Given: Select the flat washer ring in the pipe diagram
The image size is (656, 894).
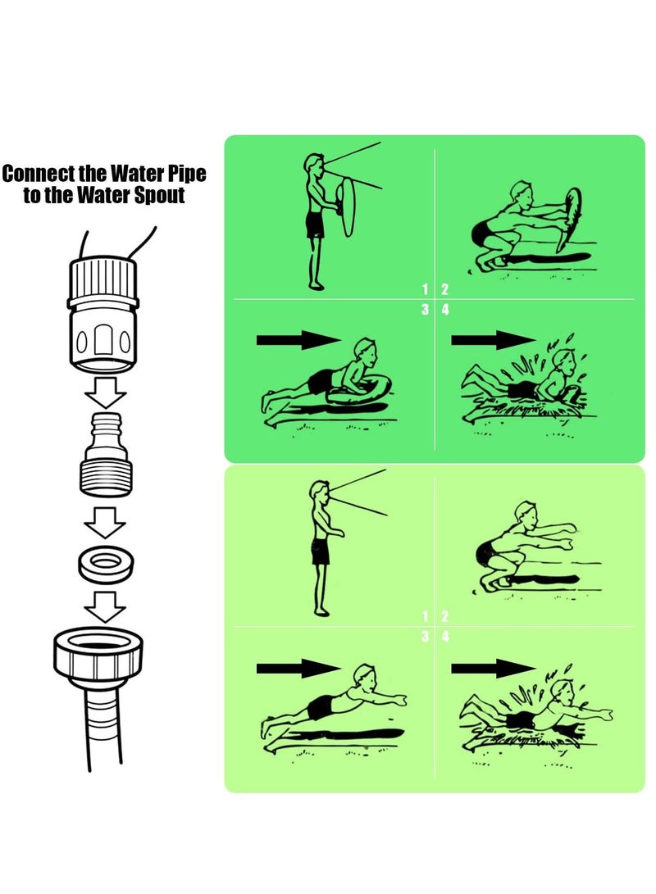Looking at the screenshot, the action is click(106, 562).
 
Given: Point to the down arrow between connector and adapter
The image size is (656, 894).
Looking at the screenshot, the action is click(105, 392).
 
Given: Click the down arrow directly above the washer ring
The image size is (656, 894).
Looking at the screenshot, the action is click(105, 522).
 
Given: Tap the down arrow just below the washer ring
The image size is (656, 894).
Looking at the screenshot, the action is click(105, 606).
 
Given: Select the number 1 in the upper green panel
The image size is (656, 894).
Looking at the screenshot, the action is click(425, 289).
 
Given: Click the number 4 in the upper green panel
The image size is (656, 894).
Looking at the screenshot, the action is click(445, 310).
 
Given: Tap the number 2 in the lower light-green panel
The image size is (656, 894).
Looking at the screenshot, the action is click(445, 615).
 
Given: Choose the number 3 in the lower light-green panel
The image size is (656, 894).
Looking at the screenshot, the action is click(425, 637).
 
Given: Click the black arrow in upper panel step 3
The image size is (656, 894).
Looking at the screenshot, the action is click(298, 340).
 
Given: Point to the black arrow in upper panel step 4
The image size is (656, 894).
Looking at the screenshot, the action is click(494, 340).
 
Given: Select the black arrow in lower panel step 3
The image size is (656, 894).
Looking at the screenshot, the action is click(298, 668).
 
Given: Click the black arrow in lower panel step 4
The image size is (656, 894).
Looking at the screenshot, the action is click(494, 668).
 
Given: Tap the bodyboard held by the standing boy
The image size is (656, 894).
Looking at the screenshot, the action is click(346, 206).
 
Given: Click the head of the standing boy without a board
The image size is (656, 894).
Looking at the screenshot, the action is click(320, 490).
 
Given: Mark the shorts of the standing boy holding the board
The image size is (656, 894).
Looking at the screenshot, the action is click(315, 225).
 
